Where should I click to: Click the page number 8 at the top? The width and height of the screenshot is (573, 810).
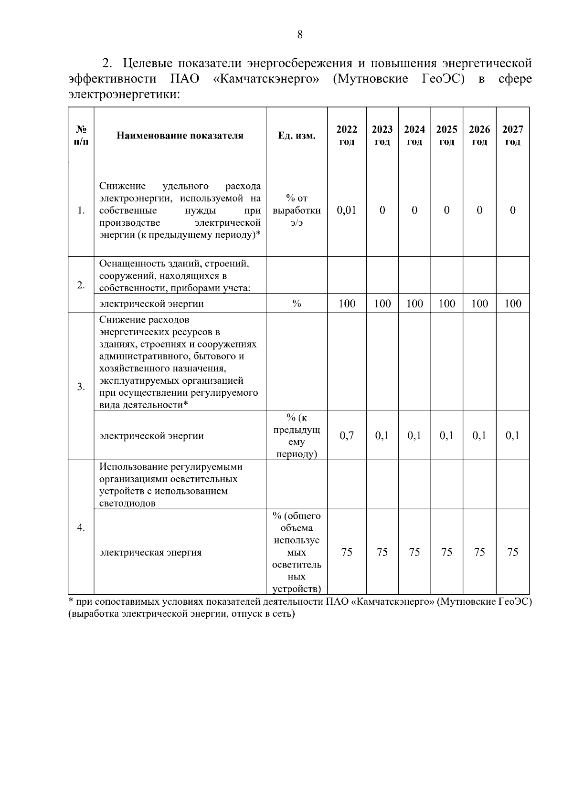click(299, 34)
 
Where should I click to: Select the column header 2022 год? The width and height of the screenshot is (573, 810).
click(347, 136)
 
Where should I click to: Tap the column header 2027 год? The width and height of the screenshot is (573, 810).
click(512, 136)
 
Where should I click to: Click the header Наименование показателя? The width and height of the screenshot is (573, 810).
click(180, 136)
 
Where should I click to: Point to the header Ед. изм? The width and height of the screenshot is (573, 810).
click(297, 136)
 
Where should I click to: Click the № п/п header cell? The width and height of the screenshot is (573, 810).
click(81, 136)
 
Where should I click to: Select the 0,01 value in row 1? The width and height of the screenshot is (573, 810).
click(347, 210)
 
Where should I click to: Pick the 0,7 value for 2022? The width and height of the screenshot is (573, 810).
click(347, 435)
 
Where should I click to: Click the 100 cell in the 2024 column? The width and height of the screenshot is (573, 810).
click(414, 304)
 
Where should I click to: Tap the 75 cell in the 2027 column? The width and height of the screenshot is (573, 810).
click(512, 552)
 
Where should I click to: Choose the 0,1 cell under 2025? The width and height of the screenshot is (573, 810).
click(446, 435)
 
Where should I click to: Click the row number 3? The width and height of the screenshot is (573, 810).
click(81, 387)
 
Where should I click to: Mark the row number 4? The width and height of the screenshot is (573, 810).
click(81, 527)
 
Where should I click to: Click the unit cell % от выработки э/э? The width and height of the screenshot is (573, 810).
click(297, 210)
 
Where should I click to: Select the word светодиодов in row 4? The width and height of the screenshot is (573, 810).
click(127, 503)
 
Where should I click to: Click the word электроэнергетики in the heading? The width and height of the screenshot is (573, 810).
click(124, 95)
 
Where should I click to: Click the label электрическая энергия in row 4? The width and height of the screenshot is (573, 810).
click(150, 552)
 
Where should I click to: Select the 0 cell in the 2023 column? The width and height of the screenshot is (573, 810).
click(382, 210)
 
